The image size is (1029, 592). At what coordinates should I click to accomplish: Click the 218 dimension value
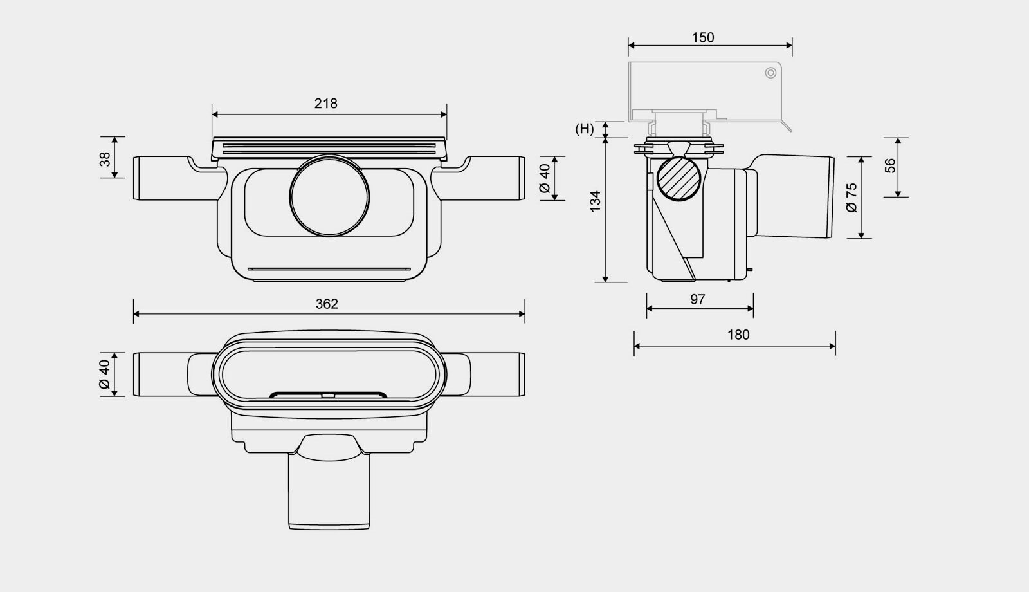tap(326, 104)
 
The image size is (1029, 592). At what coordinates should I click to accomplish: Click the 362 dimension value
tap(327, 304)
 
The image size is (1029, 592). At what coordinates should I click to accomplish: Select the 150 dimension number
tap(703, 38)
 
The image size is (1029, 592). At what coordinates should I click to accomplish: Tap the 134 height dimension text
tap(596, 201)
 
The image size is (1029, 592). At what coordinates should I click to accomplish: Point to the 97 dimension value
tap(698, 299)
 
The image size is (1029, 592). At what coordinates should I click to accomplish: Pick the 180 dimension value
tap(738, 335)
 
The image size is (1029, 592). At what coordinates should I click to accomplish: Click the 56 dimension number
tap(890, 166)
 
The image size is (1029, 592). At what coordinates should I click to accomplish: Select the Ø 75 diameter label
tap(851, 198)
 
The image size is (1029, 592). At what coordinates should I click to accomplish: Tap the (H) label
tap(585, 129)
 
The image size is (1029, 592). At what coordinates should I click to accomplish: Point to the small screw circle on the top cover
tap(770, 73)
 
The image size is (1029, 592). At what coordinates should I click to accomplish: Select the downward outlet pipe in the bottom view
tap(329, 492)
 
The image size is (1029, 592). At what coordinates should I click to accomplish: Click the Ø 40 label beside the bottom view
tap(105, 374)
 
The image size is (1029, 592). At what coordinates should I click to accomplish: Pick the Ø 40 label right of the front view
tap(545, 178)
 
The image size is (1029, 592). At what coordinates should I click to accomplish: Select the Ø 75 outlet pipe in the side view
tap(797, 196)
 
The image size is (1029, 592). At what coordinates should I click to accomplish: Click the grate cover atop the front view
tap(329, 148)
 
